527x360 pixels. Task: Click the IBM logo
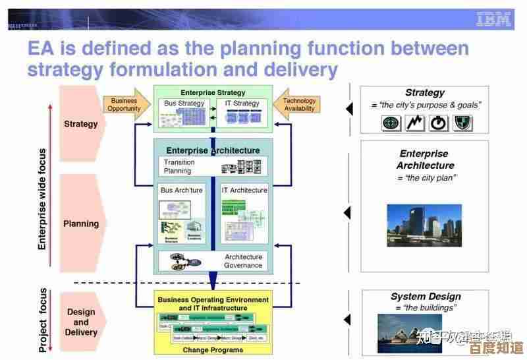tap(493, 20)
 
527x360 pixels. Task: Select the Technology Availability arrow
tap(298, 104)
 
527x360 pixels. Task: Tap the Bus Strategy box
tap(184, 111)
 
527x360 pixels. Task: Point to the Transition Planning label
tap(179, 167)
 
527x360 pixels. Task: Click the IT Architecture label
tap(244, 190)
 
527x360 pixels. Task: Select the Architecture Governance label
tap(243, 261)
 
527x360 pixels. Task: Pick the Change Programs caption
tap(213, 349)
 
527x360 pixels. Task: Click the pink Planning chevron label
tap(81, 224)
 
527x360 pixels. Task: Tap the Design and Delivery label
tap(81, 322)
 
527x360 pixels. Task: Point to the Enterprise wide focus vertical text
tap(42, 198)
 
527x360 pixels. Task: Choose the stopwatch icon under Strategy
tap(439, 123)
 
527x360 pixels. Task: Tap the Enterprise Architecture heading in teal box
tap(213, 150)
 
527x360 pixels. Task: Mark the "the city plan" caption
tap(426, 178)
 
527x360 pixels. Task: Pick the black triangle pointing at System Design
tap(348, 320)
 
